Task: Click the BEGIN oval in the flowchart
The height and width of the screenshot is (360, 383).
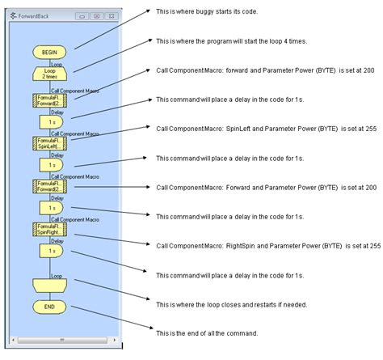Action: [x=50, y=52]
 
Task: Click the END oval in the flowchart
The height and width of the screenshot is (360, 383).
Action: [x=50, y=307]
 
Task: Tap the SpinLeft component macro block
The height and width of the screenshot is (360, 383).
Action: [x=50, y=142]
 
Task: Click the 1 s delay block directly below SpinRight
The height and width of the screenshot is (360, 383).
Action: [x=50, y=252]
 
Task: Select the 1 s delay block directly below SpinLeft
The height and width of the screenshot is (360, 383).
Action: [x=50, y=164]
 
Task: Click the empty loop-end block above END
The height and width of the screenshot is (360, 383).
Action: [x=50, y=285]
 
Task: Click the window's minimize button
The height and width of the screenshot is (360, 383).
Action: [x=82, y=15]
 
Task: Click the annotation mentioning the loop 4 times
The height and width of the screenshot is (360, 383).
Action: [x=229, y=41]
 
